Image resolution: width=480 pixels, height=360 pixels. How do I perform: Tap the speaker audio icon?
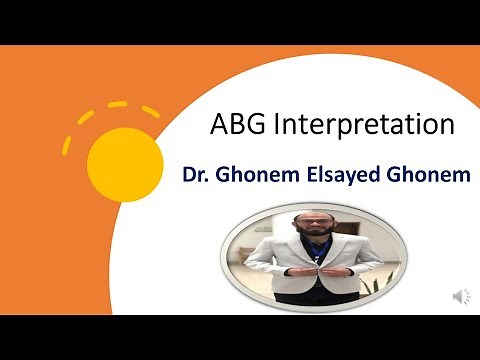coord(461,295)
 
